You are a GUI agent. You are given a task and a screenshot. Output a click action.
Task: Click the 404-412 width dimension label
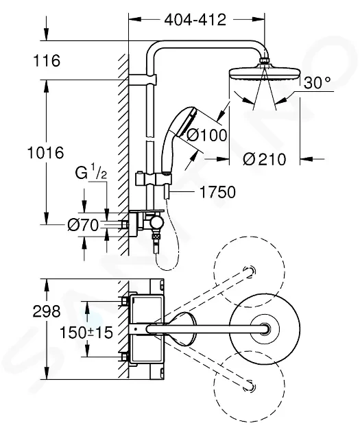pos(195,20)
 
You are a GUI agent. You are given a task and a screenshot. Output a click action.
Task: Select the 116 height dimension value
pos(47,60)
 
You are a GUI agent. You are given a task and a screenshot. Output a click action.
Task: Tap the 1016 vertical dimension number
pos(46,152)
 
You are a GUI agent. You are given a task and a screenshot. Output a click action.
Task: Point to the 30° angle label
pos(317,82)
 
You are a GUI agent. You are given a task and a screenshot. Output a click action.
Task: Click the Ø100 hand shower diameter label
pos(207,135)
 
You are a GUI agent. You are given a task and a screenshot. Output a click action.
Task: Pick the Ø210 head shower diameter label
pos(265,159)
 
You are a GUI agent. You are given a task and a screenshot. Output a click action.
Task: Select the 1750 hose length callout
pos(217,192)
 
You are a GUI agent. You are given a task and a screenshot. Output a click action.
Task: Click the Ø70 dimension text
pos(83,226)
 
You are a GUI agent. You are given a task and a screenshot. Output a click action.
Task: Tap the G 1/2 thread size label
pos(91,173)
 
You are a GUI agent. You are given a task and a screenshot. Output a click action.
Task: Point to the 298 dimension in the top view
pos(47,311)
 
